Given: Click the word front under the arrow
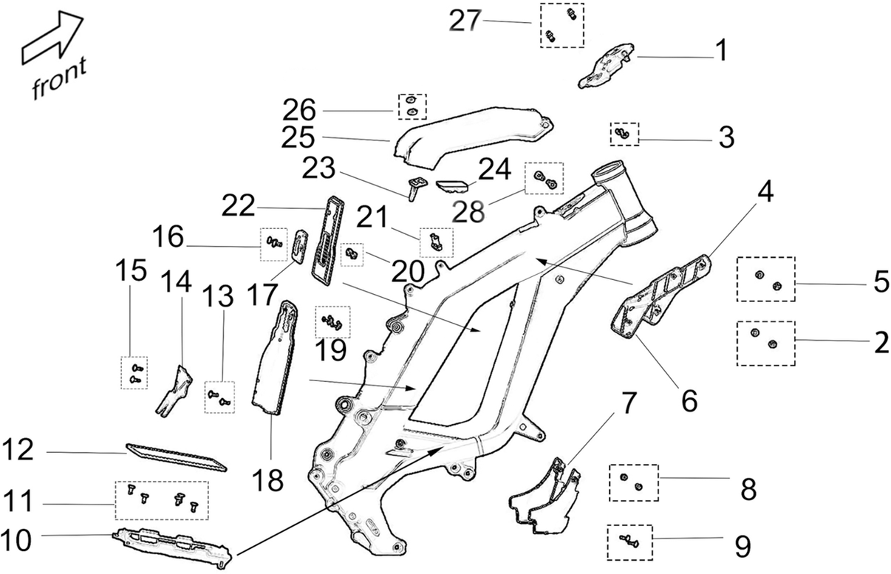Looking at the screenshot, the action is [59, 78].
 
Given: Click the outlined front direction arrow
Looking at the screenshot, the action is [52, 37].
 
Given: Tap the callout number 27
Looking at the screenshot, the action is [465, 20].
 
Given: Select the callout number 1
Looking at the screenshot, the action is [721, 50].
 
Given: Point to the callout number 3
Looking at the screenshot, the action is [726, 137].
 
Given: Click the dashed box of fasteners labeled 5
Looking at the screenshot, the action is [765, 279].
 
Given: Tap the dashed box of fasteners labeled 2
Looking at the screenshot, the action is [765, 344].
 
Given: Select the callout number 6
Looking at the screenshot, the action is [689, 401].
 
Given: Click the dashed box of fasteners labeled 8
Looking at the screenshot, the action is [634, 482].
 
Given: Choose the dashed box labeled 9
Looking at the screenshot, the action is [629, 543].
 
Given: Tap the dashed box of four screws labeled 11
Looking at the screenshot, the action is [162, 500].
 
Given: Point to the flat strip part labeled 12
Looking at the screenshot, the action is [177, 457].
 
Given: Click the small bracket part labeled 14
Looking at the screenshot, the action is [174, 392].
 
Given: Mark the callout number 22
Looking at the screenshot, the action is [238, 205].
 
